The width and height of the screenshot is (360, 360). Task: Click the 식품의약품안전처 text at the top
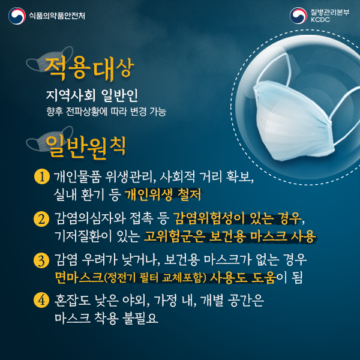point(57,16)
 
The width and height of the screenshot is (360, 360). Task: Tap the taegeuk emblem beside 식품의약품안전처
point(16,16)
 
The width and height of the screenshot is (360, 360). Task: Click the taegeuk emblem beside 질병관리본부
point(298,16)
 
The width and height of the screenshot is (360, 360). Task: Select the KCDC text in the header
point(321,21)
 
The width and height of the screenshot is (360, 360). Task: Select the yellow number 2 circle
point(42,218)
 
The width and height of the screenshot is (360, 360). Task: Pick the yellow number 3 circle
point(42,260)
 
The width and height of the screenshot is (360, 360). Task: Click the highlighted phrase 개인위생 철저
point(163,195)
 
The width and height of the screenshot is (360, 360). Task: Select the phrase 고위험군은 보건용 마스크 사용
point(230,235)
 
